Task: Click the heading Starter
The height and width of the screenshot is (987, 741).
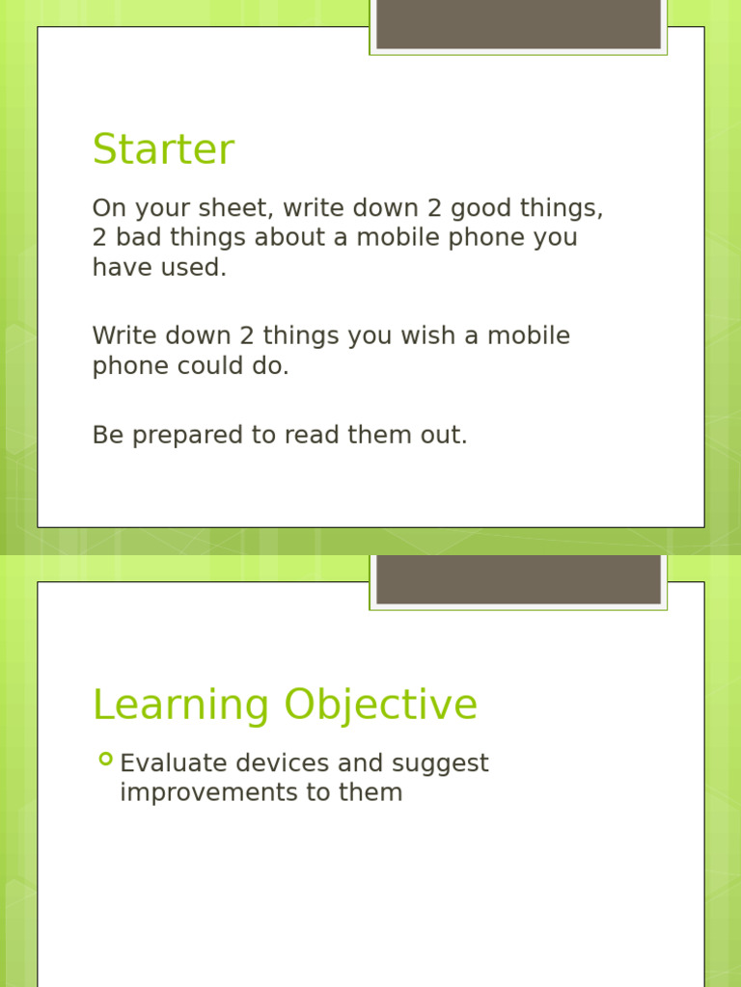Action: [x=163, y=150]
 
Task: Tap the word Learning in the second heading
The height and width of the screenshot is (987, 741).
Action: [x=180, y=706]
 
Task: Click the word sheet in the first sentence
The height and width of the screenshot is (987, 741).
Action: [x=237, y=208]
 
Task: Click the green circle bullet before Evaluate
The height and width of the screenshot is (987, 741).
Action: [x=105, y=760]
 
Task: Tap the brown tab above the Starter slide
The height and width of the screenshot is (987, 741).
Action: [x=518, y=24]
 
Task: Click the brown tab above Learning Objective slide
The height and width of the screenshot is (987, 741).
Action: [x=518, y=578]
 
